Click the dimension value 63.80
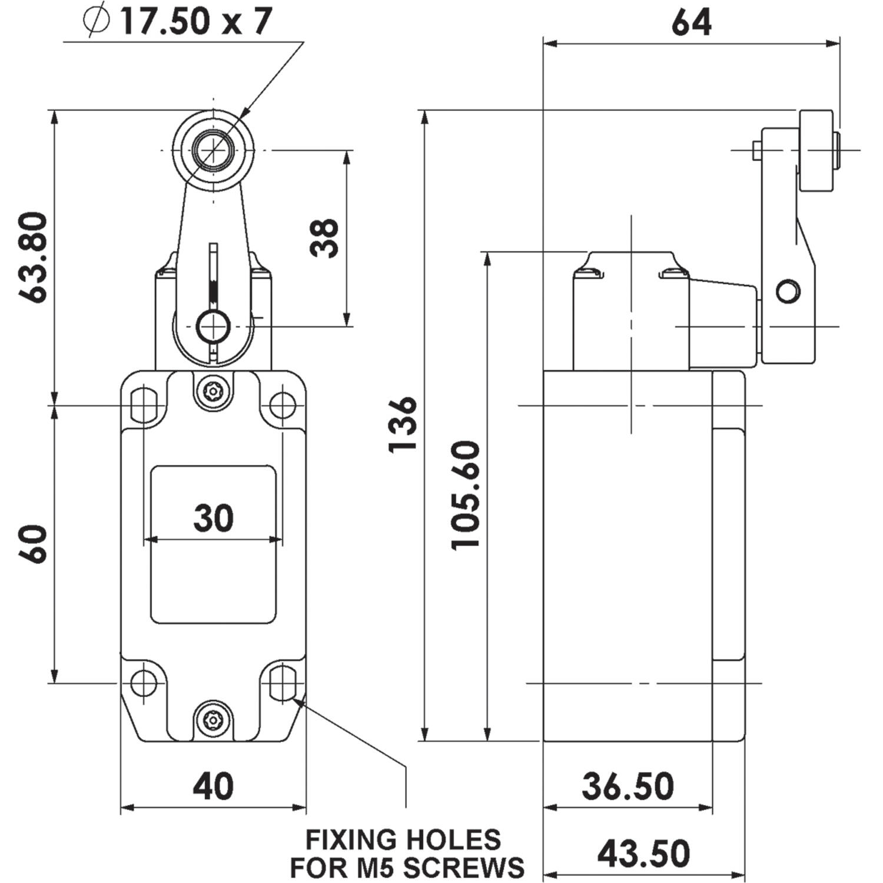[x=33, y=257]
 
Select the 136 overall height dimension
[x=403, y=424]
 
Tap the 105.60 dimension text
[x=466, y=495]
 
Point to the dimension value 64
[x=691, y=22]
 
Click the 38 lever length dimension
[x=324, y=238]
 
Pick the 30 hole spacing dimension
[x=213, y=518]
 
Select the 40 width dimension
[x=213, y=786]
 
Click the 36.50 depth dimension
[x=628, y=786]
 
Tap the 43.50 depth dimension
[x=643, y=854]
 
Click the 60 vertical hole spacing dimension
[x=33, y=544]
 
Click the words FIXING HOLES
[x=403, y=839]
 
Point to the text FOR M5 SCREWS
[x=407, y=867]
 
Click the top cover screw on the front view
[x=213, y=390]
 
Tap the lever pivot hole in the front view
[x=213, y=326]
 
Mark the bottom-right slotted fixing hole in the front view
[x=283, y=683]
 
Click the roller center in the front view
[x=213, y=150]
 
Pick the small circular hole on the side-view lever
[x=788, y=291]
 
